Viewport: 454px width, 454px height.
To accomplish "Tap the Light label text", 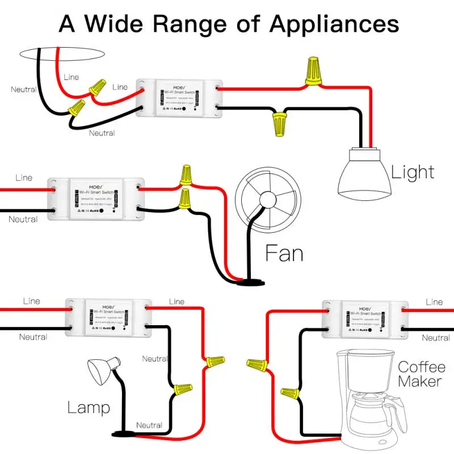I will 413,172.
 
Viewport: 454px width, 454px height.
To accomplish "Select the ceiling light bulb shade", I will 363,174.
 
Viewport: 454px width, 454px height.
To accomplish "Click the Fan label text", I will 284,253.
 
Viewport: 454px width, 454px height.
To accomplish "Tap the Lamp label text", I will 89,407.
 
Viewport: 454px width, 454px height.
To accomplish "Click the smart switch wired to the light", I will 177,97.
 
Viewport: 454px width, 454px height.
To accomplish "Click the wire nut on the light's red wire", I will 312,73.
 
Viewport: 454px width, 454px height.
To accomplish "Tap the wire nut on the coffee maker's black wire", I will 289,392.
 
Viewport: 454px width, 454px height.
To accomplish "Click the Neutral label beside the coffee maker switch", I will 435,338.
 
